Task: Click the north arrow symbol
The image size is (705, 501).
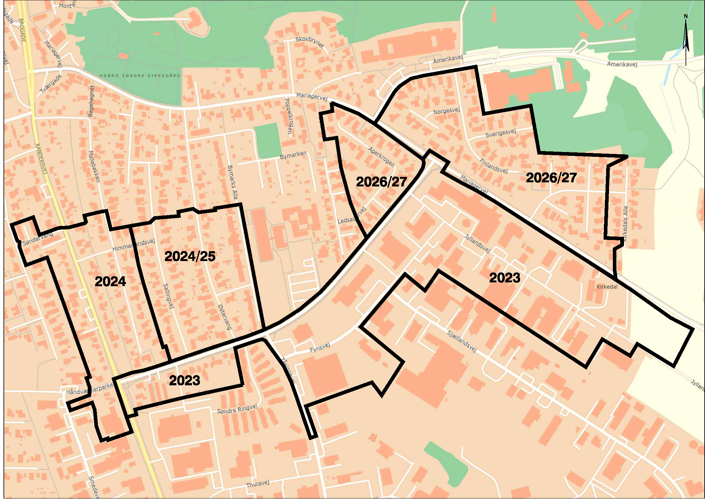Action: tap(686, 38)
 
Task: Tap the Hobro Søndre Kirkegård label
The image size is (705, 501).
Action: tap(140, 76)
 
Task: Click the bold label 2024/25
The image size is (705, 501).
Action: tap(190, 257)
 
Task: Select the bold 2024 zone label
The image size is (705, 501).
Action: tap(110, 281)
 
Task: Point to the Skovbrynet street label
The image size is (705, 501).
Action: tap(310, 41)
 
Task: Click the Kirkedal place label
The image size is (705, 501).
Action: tap(607, 287)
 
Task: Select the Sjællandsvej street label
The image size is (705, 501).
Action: tap(462, 341)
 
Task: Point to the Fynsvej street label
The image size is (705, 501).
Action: tap(320, 348)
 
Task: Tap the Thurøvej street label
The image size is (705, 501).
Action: tap(258, 484)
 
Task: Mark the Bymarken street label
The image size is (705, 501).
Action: tap(293, 155)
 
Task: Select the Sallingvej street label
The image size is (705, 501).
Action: tap(168, 296)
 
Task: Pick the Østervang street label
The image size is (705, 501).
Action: tap(224, 317)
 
